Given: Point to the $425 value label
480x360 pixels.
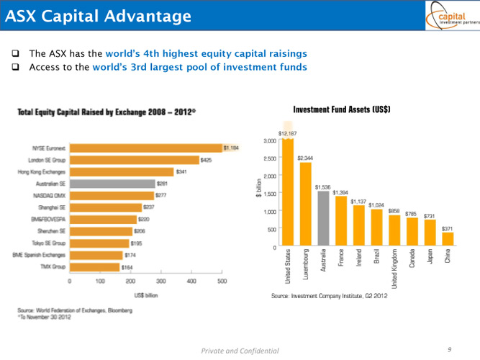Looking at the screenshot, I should click(206, 160).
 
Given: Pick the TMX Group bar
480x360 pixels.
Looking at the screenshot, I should click(94, 266).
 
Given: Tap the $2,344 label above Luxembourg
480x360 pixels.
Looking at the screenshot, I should click(304, 157).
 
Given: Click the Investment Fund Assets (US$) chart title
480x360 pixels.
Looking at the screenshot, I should click(341, 109).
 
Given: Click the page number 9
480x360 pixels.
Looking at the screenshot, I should click(448, 348).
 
